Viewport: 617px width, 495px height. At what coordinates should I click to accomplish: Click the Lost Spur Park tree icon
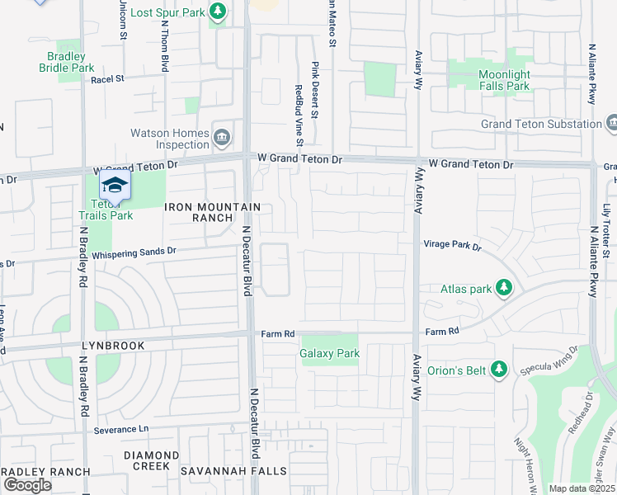[217, 12]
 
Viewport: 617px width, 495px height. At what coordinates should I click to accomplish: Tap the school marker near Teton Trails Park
[115, 185]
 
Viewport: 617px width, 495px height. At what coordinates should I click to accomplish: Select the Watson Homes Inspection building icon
[221, 136]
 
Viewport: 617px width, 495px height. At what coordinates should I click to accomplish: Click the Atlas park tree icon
[503, 288]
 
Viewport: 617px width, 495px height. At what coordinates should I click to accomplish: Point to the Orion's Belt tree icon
[498, 370]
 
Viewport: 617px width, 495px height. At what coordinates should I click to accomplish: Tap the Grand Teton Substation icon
[611, 124]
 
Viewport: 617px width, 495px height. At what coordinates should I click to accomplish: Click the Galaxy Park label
[330, 353]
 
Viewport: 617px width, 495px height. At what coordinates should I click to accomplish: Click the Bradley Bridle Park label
[67, 62]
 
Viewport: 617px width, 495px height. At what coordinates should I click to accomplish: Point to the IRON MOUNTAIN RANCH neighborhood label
[213, 212]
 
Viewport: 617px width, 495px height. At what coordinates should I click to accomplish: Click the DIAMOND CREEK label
[151, 460]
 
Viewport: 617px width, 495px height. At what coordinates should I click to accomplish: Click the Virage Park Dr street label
[452, 245]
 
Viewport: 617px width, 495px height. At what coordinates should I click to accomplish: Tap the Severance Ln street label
[120, 430]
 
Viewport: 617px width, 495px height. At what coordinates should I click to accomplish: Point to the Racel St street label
[106, 79]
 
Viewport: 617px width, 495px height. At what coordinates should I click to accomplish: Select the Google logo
[27, 485]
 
